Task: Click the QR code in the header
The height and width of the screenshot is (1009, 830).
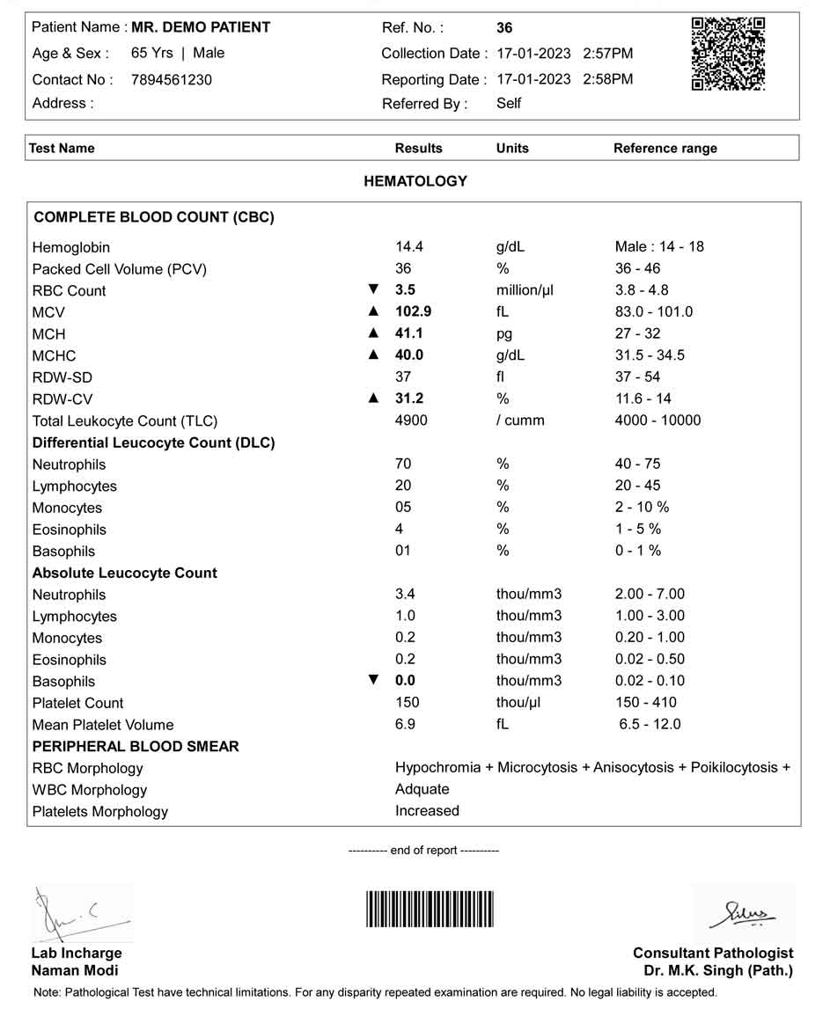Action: coord(728,54)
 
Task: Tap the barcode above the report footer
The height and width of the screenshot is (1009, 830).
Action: coord(430,909)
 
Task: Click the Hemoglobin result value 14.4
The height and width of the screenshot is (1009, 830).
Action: coord(409,247)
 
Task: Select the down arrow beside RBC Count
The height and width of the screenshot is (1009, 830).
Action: coord(373,289)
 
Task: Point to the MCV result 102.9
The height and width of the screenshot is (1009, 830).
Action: coord(413,311)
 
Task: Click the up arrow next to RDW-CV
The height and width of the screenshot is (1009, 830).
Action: coord(373,398)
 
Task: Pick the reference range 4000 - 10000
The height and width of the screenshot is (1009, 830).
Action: coord(657,420)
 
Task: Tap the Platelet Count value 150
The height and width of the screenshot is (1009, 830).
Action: coord(408,702)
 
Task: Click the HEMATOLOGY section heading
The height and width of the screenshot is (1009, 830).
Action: coord(415,181)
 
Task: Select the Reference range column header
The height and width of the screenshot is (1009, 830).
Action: coord(665,148)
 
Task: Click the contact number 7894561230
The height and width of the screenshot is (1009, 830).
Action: coord(171,79)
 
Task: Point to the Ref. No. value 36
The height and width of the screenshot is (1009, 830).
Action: coord(504,28)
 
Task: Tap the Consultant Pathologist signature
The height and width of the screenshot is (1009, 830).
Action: coord(745,915)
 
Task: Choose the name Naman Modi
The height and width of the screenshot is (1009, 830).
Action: coord(75,970)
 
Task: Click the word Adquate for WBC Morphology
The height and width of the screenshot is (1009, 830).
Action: coord(422,789)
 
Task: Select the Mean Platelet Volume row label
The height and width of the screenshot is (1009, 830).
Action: coord(103,725)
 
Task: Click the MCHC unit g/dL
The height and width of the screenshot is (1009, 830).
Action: coord(510,355)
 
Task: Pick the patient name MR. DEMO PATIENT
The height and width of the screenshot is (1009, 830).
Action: coord(201,27)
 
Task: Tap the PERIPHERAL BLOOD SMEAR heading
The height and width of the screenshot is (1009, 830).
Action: coord(136,746)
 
